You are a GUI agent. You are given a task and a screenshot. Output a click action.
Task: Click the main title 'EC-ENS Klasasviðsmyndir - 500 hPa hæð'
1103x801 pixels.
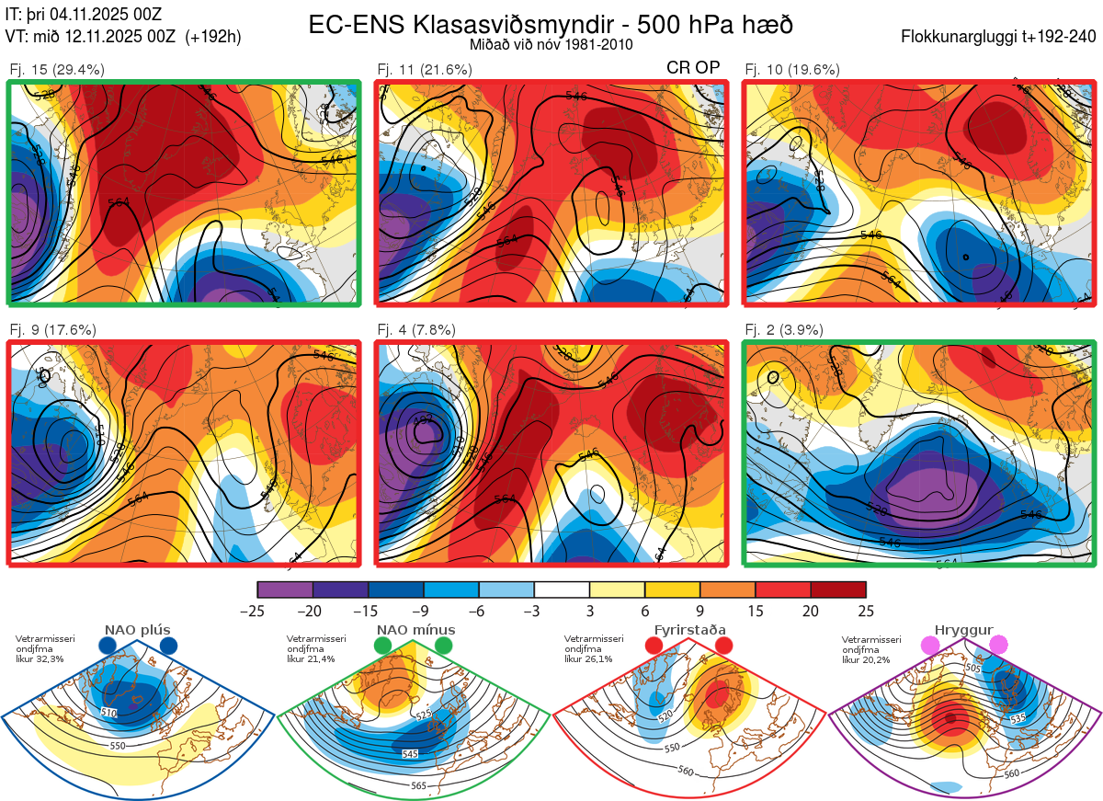tap(551, 24)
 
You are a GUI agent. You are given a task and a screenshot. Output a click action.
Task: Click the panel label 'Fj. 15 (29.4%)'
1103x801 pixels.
tap(57, 69)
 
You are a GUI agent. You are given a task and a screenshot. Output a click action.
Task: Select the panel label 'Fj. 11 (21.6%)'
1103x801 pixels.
tap(425, 69)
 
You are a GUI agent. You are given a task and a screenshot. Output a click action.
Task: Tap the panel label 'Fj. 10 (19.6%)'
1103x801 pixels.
tap(792, 69)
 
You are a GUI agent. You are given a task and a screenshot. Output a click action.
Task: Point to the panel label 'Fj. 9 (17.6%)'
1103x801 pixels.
tap(53, 330)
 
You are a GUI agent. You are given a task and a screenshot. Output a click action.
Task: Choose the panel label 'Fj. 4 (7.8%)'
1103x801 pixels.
tap(417, 330)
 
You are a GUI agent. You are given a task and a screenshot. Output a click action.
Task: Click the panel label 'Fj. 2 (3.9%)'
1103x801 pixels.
tap(785, 330)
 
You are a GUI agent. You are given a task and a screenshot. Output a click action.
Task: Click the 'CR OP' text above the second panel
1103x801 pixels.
tap(693, 68)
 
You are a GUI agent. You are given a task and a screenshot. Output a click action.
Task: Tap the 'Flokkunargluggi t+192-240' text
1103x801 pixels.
tap(999, 38)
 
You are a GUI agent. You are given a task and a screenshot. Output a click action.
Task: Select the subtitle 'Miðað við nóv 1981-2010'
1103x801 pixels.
tap(551, 44)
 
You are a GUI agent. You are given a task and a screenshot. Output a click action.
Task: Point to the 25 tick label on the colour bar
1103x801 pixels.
tap(865, 611)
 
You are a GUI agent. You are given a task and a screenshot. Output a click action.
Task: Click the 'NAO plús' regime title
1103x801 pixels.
tap(137, 630)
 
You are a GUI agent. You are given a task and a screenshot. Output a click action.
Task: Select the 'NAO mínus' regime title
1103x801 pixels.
tap(415, 630)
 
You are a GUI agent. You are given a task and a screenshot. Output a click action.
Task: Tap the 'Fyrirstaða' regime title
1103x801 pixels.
tap(689, 630)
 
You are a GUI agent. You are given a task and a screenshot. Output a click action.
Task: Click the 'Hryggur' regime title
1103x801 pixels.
tap(963, 630)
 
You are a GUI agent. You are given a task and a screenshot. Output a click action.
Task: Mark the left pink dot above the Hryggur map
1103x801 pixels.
tap(931, 647)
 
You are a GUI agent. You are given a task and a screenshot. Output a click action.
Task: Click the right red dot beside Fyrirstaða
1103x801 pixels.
tap(723, 647)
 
